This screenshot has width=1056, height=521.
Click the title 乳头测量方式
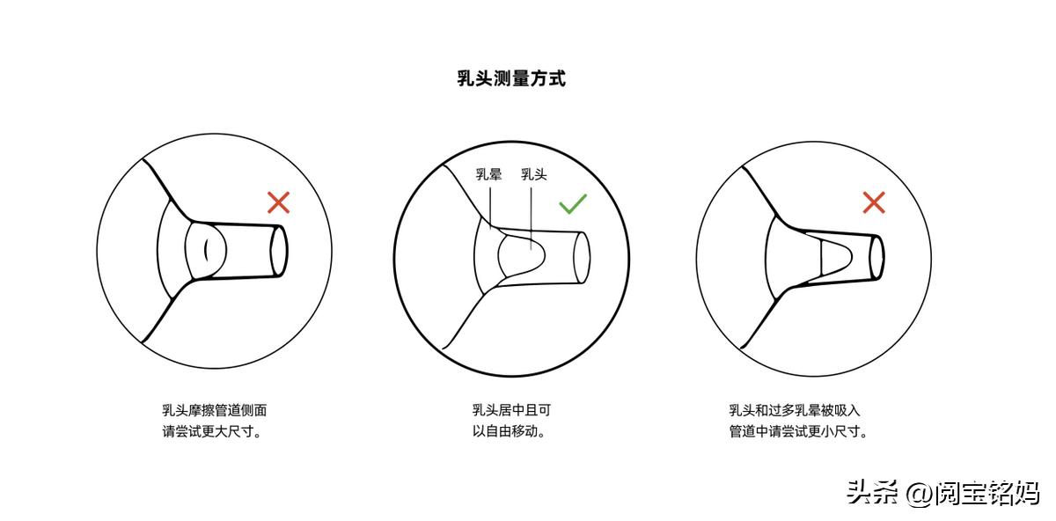pyautogui.click(x=511, y=79)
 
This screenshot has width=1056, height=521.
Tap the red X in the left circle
pyautogui.click(x=278, y=203)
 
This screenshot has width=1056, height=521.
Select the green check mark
pyautogui.click(x=572, y=204)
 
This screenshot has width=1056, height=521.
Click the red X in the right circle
pyautogui.click(x=873, y=203)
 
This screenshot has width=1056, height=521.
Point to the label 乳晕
pyautogui.click(x=489, y=174)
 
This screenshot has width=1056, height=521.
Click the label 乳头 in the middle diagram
pyautogui.click(x=533, y=174)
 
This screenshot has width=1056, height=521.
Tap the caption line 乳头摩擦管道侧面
pyautogui.click(x=214, y=410)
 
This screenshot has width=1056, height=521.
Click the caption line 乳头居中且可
pyautogui.click(x=511, y=410)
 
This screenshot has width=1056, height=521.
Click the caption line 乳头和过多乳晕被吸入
pyautogui.click(x=794, y=410)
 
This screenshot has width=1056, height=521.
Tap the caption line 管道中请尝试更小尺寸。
pyautogui.click(x=799, y=432)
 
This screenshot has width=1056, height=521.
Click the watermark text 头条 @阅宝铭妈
pyautogui.click(x=942, y=492)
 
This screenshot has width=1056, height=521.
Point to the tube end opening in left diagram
pyautogui.click(x=278, y=251)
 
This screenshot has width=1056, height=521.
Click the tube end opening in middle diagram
pyautogui.click(x=581, y=257)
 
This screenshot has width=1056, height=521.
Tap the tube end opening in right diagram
pyautogui.click(x=876, y=256)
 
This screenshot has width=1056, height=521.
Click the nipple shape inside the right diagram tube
pyautogui.click(x=835, y=255)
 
